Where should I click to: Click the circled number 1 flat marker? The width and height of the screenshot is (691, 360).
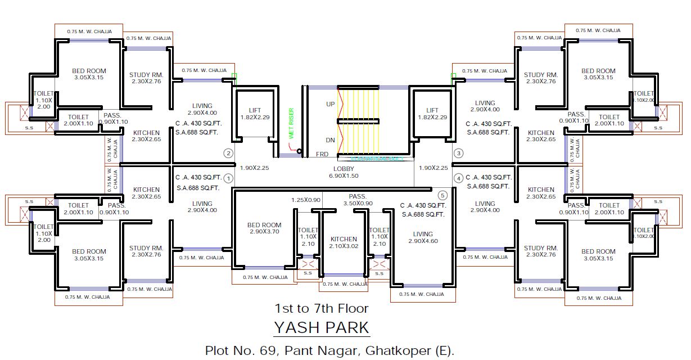[228, 178]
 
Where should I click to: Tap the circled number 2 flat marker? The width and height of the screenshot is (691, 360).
[228, 153]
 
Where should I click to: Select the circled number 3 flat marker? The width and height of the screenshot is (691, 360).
[459, 153]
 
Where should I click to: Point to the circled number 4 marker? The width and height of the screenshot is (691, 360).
[459, 178]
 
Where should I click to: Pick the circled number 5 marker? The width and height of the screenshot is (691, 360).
[442, 196]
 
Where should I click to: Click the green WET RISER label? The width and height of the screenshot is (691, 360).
[291, 123]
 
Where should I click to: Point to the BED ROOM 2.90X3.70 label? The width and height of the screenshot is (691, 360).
[264, 228]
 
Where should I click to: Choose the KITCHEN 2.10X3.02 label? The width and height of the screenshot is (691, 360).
[344, 242]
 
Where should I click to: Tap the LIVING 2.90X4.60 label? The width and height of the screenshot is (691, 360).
[423, 237]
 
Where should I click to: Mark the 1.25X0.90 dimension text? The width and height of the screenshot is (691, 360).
[306, 200]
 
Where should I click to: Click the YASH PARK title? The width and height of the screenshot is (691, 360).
[321, 327]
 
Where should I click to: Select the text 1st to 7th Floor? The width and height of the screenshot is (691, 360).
[321, 308]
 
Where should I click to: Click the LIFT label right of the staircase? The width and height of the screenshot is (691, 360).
[432, 114]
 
